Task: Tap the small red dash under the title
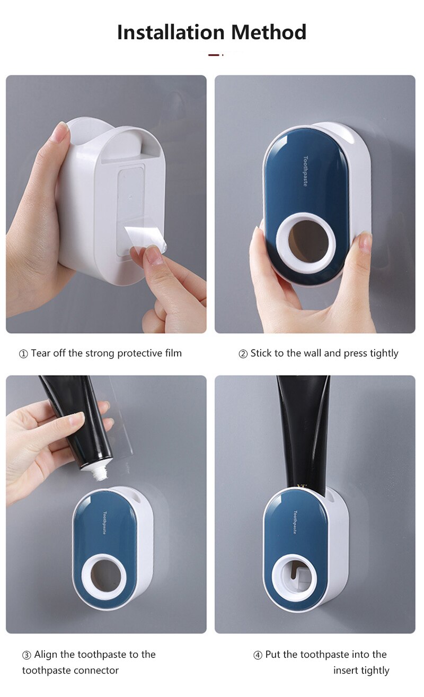tap(214, 55)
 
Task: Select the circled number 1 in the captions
tap(23, 354)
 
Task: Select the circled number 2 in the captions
tap(243, 354)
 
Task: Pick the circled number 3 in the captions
tap(26, 655)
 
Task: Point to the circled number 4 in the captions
tap(258, 655)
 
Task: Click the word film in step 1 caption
tap(172, 353)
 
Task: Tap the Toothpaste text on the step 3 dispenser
tap(105, 522)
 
